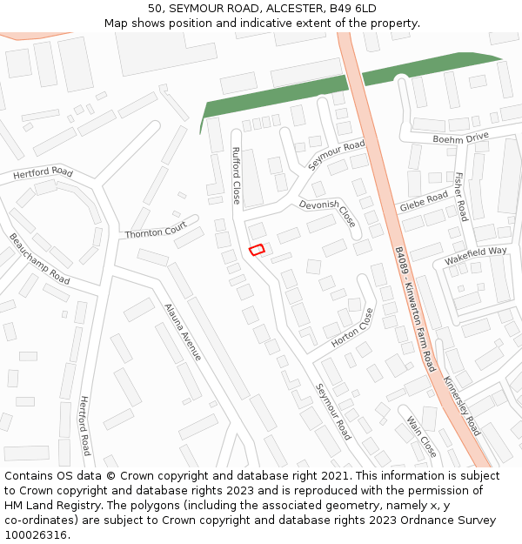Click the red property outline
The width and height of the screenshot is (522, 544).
pos(257,250)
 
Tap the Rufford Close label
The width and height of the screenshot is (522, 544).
pos(236,176)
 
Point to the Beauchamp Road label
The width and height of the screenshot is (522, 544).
pos(39,259)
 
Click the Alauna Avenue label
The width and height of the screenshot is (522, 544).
pos(183,332)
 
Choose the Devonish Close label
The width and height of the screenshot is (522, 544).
pos(327,212)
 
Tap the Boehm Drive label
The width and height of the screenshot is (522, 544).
pos(461,138)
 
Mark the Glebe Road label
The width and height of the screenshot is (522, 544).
pos(424,202)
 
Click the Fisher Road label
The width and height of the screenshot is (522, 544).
pos(460,197)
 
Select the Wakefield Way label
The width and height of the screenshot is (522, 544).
pos(475,255)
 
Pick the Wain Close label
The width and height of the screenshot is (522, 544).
pos(422,436)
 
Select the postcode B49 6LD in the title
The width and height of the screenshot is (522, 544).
pos(353,8)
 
